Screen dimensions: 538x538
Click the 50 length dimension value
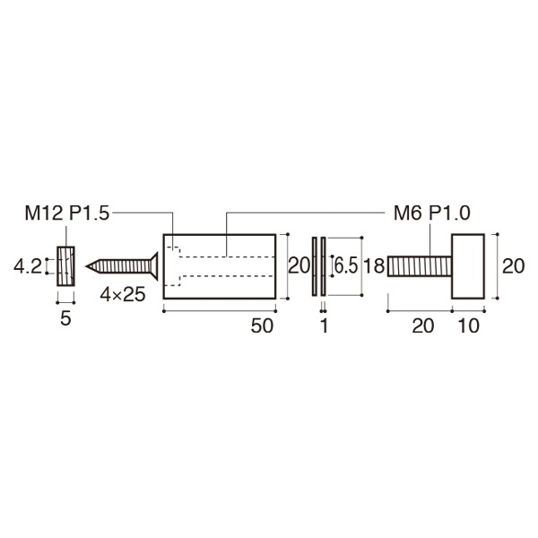point(261,327)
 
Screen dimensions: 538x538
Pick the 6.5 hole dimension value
point(346,266)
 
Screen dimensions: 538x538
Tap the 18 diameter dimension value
point(375,266)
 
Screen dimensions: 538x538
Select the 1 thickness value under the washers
point(324,327)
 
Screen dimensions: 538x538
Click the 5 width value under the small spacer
point(65,318)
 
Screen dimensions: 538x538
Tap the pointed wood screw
point(124,266)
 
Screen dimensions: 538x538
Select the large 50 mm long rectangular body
point(220,266)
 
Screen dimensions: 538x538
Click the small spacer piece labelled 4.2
point(65,266)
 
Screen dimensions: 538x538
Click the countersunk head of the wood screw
point(154,266)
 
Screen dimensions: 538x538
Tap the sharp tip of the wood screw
point(88,266)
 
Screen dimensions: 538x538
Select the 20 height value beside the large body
point(298,266)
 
